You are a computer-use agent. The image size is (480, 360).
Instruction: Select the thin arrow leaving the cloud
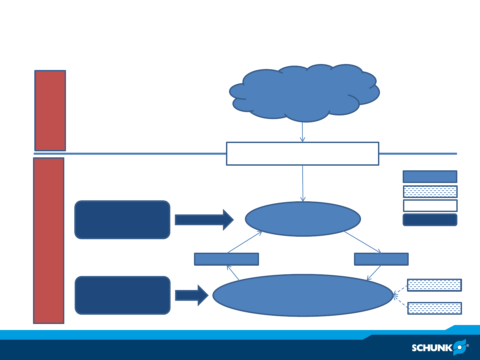(x=302, y=132)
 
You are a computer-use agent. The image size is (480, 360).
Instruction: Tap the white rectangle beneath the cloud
(x=302, y=154)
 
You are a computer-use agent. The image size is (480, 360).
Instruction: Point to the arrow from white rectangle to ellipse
(x=303, y=183)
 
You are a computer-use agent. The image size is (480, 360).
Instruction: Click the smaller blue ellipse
(x=303, y=219)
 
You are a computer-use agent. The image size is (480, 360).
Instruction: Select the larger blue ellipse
(x=303, y=295)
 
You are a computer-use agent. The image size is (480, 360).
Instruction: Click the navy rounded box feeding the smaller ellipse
(x=122, y=220)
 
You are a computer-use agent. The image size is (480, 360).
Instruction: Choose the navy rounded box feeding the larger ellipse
(x=123, y=295)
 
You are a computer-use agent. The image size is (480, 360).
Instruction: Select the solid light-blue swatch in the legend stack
(x=430, y=177)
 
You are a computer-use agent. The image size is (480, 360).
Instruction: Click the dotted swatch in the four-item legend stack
(x=430, y=192)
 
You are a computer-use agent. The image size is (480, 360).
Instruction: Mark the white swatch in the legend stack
(x=430, y=206)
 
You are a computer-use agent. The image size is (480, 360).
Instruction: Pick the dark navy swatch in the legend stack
(x=430, y=220)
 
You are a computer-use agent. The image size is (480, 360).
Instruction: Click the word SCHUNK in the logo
(x=432, y=348)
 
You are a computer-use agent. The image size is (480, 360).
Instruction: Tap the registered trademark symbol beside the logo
(x=467, y=346)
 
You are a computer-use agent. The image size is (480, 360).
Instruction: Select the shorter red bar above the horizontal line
(x=50, y=111)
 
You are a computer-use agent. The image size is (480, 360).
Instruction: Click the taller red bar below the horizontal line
(x=49, y=241)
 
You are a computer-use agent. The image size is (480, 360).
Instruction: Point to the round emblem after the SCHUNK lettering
(x=459, y=347)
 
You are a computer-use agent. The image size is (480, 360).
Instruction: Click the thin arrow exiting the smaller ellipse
(x=362, y=242)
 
